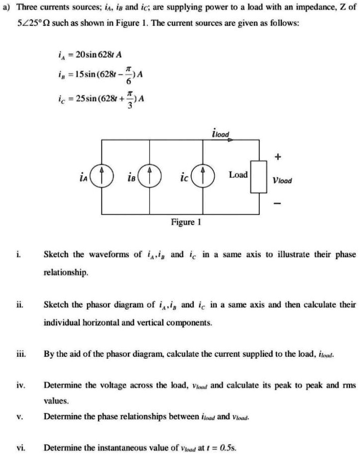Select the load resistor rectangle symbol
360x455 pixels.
tap(259, 176)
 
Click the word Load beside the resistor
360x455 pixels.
tap(238, 175)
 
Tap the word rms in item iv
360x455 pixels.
tap(350, 385)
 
